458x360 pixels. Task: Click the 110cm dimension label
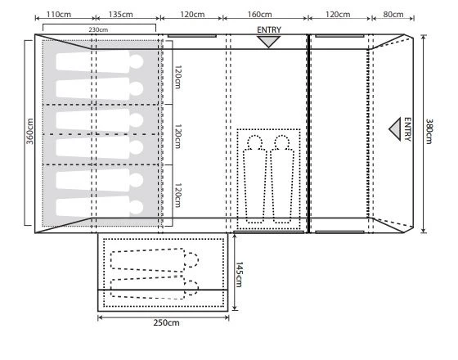(x=59, y=14)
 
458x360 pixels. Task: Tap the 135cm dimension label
(x=121, y=14)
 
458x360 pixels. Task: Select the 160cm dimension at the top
(x=260, y=14)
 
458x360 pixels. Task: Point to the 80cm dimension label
(x=393, y=14)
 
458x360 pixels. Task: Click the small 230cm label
(x=98, y=29)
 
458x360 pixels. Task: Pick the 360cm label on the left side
(x=29, y=131)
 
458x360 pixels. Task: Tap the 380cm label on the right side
(x=429, y=131)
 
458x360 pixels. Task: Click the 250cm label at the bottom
(x=166, y=322)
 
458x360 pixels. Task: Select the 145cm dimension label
(x=239, y=274)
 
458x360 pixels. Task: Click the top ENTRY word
(x=269, y=29)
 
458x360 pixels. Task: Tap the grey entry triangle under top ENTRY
(x=269, y=41)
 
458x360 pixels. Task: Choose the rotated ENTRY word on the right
(x=407, y=129)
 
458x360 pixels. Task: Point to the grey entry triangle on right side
(x=395, y=129)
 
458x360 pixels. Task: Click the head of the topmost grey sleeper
(x=137, y=61)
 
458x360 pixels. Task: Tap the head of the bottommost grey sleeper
(x=137, y=207)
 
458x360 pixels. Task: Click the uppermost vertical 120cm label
(x=177, y=77)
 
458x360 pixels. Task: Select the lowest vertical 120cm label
(x=177, y=196)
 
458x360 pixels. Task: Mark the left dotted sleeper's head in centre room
(x=254, y=142)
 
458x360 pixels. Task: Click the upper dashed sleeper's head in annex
(x=191, y=260)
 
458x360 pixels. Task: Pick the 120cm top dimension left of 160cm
(x=192, y=14)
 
